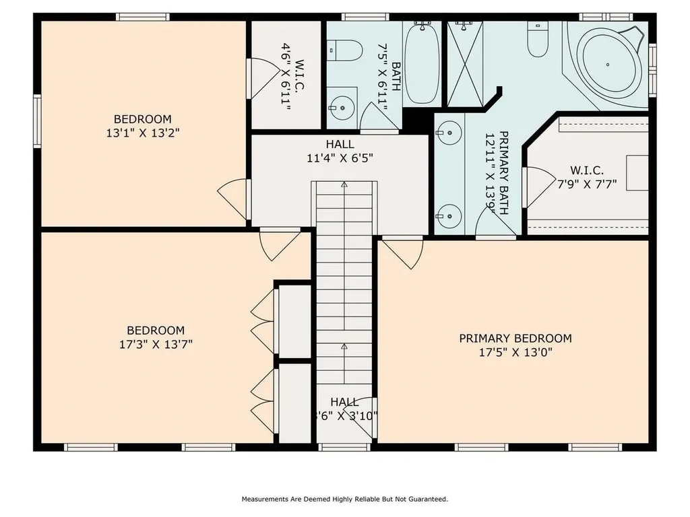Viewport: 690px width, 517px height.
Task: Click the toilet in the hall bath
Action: pyautogui.click(x=344, y=49)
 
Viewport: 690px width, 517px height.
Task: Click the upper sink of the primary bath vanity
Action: pyautogui.click(x=448, y=133)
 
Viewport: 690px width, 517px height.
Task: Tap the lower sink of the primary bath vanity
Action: pyautogui.click(x=448, y=216)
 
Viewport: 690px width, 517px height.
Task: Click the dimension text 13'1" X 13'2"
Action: pyautogui.click(x=142, y=133)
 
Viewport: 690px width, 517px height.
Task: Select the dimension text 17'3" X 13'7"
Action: pyautogui.click(x=156, y=344)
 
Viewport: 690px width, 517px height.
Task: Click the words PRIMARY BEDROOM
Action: pyautogui.click(x=515, y=339)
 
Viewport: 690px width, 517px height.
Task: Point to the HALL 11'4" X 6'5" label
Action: pyautogui.click(x=340, y=151)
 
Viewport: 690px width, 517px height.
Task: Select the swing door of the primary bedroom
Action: pyautogui.click(x=402, y=253)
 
